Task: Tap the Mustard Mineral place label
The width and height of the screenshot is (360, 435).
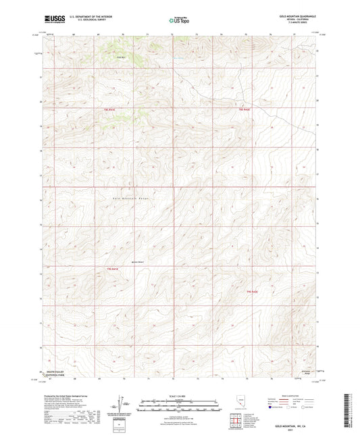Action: (138, 262)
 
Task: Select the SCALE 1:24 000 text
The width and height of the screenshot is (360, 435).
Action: (179, 396)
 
